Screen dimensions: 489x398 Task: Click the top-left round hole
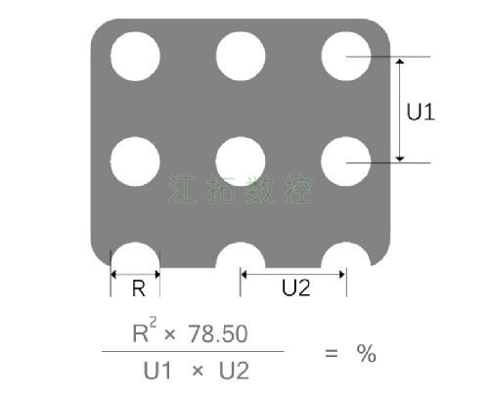(135, 56)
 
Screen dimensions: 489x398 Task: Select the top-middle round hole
(241, 56)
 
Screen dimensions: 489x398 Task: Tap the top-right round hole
(346, 56)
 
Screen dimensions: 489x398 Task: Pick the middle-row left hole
(135, 161)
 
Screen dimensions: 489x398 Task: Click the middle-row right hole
(346, 161)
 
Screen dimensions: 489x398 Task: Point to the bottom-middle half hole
(241, 255)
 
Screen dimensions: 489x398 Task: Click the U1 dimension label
(421, 111)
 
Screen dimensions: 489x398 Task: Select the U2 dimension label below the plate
(296, 287)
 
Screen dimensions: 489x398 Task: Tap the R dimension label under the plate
(139, 288)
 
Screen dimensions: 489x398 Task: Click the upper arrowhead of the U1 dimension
(400, 61)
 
